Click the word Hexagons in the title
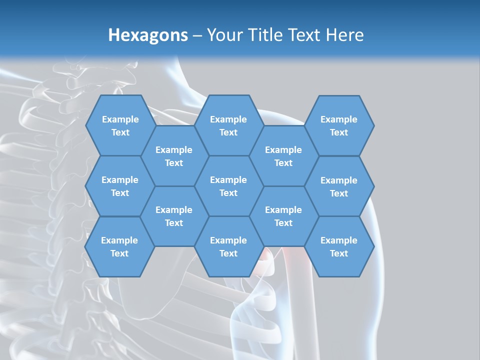click(x=148, y=35)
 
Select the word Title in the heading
click(x=267, y=35)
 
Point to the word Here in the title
click(x=344, y=35)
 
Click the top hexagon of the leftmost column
click(x=120, y=125)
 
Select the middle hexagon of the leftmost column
click(x=120, y=186)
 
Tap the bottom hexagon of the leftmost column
click(x=119, y=246)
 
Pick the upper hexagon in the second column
click(x=174, y=156)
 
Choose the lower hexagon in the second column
click(x=174, y=216)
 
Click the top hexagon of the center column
click(x=228, y=125)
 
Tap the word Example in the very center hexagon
click(x=228, y=180)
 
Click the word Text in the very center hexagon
click(x=228, y=193)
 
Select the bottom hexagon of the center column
click(x=228, y=246)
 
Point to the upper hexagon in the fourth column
click(x=283, y=156)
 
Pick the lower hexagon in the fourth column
click(x=283, y=216)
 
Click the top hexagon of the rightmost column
click(x=339, y=125)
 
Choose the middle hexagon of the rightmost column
click(x=339, y=186)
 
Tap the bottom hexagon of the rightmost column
click(x=339, y=246)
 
